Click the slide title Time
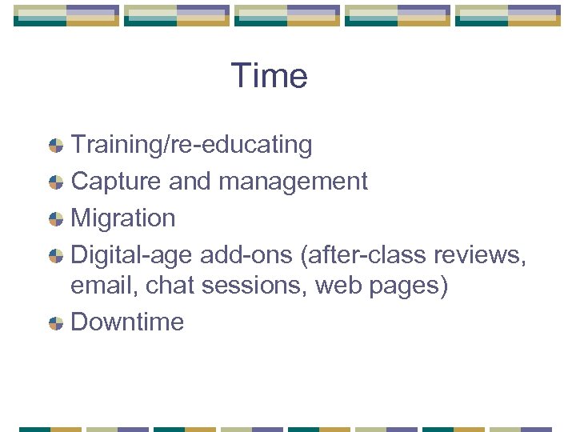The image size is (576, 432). (x=270, y=77)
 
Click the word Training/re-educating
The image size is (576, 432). (x=192, y=146)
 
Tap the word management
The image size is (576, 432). (x=293, y=182)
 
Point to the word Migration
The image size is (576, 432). (x=123, y=218)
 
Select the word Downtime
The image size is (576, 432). (x=128, y=322)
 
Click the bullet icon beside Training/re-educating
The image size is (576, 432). (x=56, y=146)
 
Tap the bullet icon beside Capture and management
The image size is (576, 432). (x=56, y=182)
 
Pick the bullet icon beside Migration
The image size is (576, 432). (x=56, y=218)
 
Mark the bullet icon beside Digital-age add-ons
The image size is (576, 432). (x=56, y=255)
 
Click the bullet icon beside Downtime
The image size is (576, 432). (x=56, y=323)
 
